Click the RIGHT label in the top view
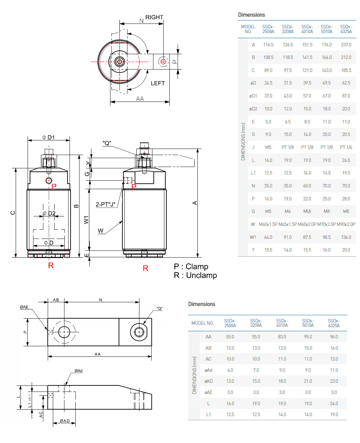point(154,17)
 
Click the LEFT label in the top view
point(157,83)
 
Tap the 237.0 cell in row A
point(346,45)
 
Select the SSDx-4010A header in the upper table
point(307,29)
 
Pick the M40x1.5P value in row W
point(268,224)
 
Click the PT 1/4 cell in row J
point(346,147)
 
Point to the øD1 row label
point(253,96)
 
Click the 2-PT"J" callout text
point(105,204)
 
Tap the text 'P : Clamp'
point(191,266)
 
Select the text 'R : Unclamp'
point(195,275)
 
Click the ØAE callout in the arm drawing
point(24,307)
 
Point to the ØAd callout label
point(78,371)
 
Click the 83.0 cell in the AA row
point(282,337)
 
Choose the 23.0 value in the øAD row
point(334,381)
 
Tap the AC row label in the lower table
point(208,359)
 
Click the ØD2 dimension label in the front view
point(49,214)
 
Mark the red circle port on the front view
point(49,180)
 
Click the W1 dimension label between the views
point(86,220)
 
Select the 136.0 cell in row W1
point(346,237)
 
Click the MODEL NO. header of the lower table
point(202,323)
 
